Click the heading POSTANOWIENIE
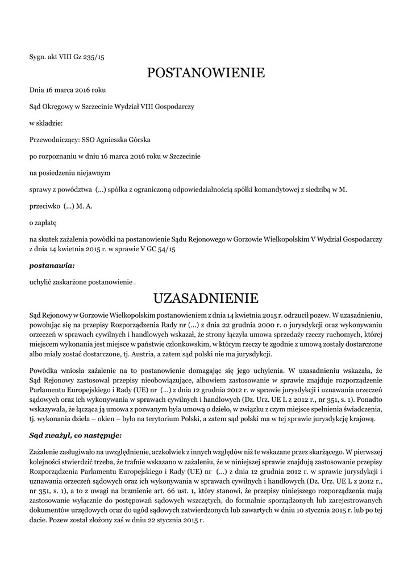click(x=206, y=73)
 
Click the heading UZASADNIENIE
click(x=206, y=298)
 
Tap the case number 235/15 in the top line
click(x=93, y=56)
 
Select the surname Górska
click(x=139, y=139)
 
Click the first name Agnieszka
click(x=108, y=139)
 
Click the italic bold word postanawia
click(x=52, y=265)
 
